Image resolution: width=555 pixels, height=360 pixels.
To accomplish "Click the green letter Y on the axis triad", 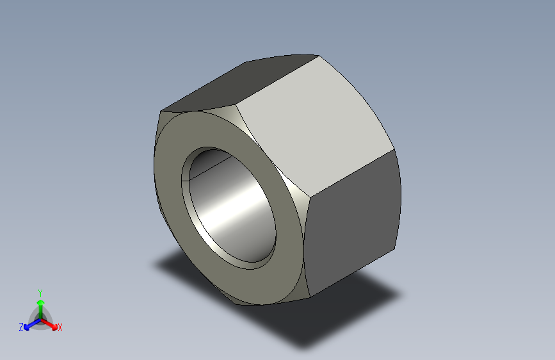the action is click(x=40, y=293).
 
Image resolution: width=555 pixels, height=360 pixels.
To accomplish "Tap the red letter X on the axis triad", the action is click(x=60, y=327).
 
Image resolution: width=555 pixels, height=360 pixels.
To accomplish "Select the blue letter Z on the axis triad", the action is click(x=21, y=327).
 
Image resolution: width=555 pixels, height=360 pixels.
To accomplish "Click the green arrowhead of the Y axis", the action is click(x=41, y=302).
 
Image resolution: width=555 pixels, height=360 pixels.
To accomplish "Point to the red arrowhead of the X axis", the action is click(x=54, y=327).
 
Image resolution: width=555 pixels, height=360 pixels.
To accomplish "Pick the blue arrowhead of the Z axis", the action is click(x=27, y=327).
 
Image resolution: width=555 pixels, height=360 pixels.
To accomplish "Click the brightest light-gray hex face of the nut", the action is click(x=315, y=124).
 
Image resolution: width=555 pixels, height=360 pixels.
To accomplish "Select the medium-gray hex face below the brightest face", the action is click(x=352, y=223).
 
